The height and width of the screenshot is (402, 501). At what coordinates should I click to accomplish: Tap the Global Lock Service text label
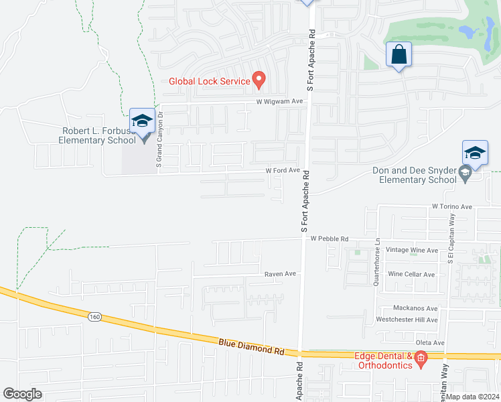pos(209,82)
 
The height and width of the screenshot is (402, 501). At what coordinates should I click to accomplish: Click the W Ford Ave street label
pos(283,170)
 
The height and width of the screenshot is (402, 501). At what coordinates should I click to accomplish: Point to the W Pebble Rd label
pos(329,239)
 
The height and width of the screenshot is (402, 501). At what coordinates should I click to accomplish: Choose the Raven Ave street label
pos(280,274)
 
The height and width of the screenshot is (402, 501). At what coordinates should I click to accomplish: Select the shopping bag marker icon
pos(399,56)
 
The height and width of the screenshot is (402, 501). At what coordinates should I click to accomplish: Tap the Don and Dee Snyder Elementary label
pos(415,175)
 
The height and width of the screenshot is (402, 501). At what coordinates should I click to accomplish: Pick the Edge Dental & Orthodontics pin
pos(421,360)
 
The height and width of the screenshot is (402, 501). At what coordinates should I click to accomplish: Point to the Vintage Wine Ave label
pos(412,250)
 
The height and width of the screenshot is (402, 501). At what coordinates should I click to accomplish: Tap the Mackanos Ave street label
pos(415,308)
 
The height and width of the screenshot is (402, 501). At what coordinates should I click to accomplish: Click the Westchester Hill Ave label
pos(407,320)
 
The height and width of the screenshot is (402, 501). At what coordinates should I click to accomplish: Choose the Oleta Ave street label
pos(429,343)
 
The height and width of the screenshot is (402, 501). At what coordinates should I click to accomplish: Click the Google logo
pos(22,394)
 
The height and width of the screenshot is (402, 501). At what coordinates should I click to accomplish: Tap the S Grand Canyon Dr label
pos(159,139)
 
